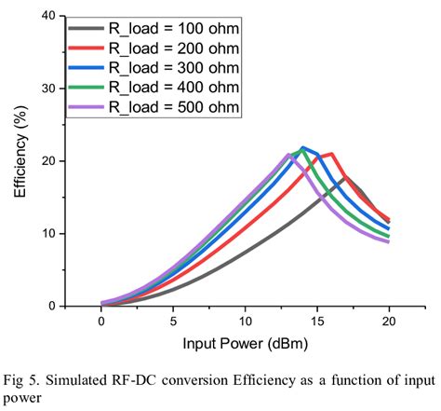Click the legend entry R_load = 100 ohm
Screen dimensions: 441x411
154,29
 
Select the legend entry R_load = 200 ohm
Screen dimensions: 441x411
154,48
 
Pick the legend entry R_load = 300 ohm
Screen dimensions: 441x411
154,68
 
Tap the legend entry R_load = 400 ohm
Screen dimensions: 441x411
154,88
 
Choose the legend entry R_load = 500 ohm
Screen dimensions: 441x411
154,107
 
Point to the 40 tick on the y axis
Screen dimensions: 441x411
48,16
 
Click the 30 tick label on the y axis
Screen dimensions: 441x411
48,89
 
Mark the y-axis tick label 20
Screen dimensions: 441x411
48,161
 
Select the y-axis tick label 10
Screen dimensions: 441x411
48,234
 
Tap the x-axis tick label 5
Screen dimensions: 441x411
173,322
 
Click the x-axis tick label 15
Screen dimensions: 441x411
317,322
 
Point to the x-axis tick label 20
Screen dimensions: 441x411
389,322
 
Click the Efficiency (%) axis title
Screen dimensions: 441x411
20,151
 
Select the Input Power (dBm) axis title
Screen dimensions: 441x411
246,344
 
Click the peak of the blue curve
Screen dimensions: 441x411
302,147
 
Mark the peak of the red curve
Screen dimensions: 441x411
331,154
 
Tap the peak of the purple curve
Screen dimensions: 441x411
288,155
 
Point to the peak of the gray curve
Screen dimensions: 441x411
345,177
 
